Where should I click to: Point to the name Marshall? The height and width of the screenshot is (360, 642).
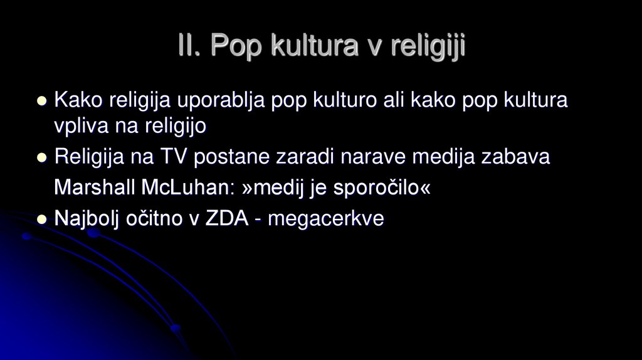click(93, 188)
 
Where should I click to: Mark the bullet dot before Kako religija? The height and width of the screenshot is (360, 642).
click(42, 100)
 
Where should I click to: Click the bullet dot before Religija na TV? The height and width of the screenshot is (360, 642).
click(42, 157)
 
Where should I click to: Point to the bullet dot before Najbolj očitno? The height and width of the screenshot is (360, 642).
click(42, 219)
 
